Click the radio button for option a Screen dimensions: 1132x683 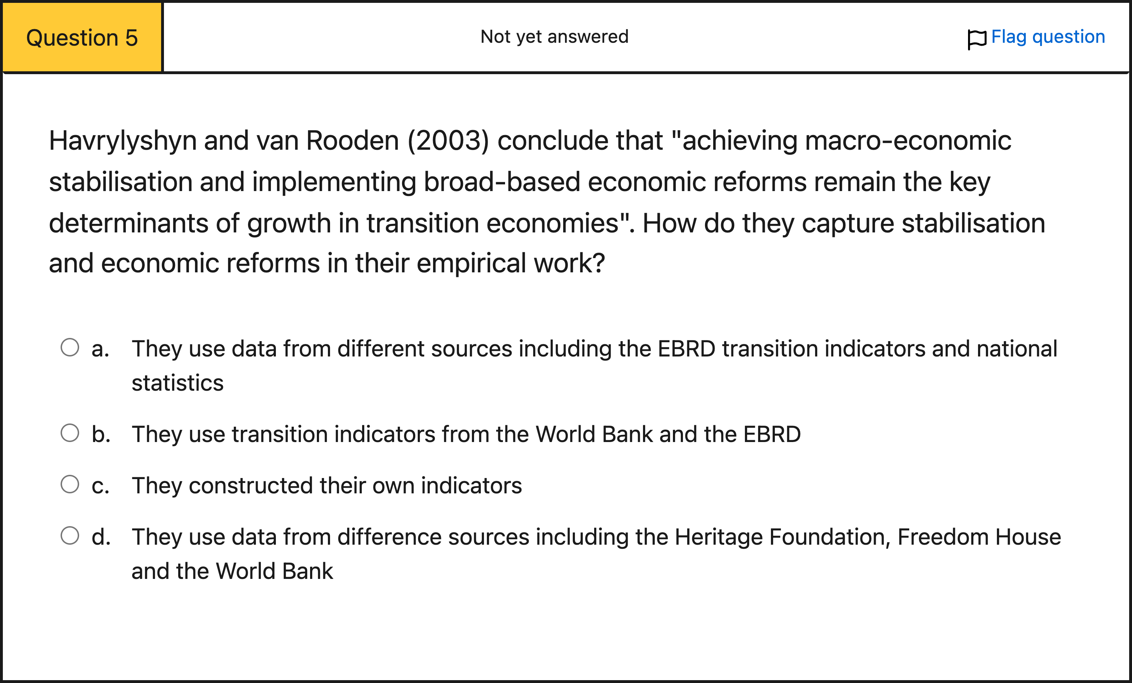70,348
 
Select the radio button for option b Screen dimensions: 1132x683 70,433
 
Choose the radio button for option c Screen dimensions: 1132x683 70,484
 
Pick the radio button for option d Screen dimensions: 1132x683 70,535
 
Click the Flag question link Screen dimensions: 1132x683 1048,37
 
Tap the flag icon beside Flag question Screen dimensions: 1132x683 977,40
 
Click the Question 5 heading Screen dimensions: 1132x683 82,38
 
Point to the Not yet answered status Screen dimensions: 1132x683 555,37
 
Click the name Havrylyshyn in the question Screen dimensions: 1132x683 123,141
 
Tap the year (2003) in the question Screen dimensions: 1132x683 448,141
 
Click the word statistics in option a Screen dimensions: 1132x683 178,383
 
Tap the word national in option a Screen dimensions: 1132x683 1017,349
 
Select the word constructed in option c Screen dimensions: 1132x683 251,486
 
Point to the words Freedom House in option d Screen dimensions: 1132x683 979,537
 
